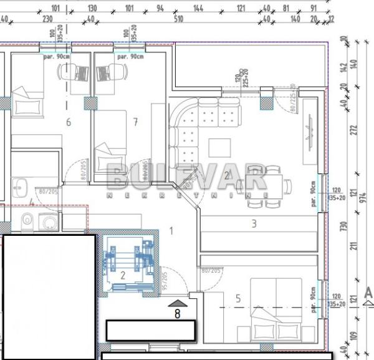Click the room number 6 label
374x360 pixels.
point(69,122)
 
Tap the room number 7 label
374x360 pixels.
point(135,122)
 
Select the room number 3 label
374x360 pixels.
point(254,223)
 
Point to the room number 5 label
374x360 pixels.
point(237,299)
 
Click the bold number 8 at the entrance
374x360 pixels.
point(177,314)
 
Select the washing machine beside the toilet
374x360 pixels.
point(47,221)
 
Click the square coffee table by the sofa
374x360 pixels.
point(219,147)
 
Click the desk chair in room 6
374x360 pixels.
point(80,74)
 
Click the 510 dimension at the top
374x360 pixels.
point(178,19)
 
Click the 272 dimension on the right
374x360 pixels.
point(355,130)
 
